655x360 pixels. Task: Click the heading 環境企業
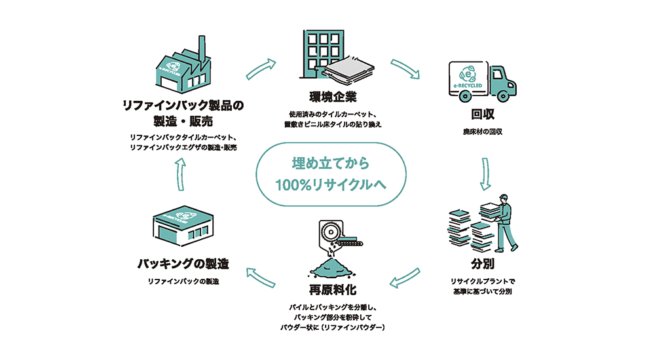(333, 97)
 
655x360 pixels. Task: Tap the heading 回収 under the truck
(483, 114)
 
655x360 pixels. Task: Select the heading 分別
(483, 264)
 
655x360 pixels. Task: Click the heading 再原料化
(333, 289)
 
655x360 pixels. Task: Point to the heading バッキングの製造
(183, 264)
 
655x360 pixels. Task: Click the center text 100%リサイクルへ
(330, 185)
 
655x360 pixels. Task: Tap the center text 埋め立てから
(330, 163)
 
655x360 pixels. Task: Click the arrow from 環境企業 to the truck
(405, 69)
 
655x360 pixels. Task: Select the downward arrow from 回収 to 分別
(485, 173)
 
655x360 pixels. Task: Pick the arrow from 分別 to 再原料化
(404, 278)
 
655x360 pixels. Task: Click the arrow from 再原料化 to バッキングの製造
(261, 278)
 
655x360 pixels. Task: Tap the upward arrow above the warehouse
(180, 174)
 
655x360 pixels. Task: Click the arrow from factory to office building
(261, 69)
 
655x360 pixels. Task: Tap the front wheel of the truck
(503, 96)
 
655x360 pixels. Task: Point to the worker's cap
(503, 197)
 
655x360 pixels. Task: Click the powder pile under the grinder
(333, 267)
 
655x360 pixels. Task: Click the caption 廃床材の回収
(483, 132)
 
